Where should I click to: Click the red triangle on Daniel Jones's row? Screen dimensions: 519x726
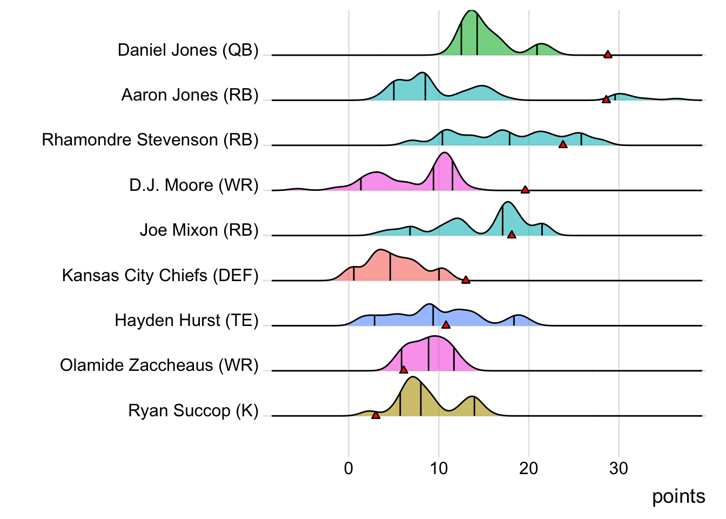(608, 55)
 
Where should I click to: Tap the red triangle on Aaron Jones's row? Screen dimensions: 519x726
(606, 99)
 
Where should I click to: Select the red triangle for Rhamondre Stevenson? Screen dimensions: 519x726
(563, 144)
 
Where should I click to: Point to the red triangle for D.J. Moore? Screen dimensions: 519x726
(525, 190)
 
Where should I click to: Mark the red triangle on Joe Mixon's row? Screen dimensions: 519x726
(512, 235)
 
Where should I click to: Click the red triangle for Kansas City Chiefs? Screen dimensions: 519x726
(466, 280)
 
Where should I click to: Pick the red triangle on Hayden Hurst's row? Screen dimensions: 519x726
(446, 325)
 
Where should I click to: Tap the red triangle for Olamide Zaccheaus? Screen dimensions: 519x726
(403, 370)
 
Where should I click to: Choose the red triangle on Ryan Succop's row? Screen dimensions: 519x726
(375, 415)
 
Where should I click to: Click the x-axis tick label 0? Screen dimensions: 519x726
(349, 468)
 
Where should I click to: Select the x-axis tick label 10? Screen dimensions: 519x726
(439, 468)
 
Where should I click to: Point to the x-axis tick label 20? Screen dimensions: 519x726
(529, 468)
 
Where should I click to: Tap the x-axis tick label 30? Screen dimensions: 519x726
(619, 468)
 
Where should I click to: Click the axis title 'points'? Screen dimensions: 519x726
(678, 496)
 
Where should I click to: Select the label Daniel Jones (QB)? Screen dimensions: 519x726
(188, 50)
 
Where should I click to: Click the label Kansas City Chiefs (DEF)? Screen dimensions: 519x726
(160, 276)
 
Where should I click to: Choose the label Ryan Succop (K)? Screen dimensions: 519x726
(193, 411)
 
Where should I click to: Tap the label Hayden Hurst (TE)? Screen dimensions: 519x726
(186, 321)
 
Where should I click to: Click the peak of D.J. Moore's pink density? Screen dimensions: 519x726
(444, 153)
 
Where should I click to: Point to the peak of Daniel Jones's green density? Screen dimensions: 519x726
(472, 11)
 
